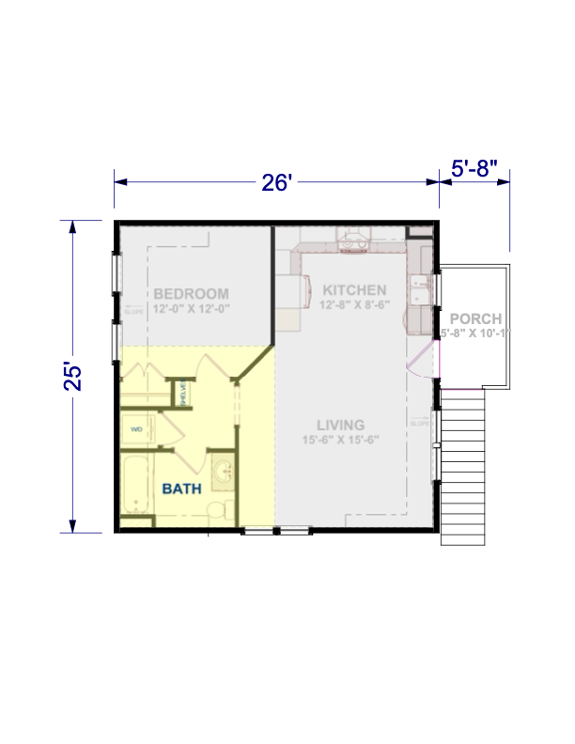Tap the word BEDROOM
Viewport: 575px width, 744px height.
click(x=192, y=292)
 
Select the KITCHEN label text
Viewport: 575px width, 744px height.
click(x=351, y=289)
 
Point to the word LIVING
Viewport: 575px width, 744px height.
click(x=341, y=425)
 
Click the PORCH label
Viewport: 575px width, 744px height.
click(x=474, y=318)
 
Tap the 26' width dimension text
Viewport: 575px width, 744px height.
click(x=278, y=182)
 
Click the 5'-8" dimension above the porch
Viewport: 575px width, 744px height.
click(x=474, y=170)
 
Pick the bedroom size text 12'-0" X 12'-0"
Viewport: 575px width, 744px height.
click(x=192, y=307)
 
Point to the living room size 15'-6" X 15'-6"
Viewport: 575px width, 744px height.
click(x=339, y=440)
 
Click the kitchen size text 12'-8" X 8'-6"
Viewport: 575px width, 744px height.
click(x=352, y=304)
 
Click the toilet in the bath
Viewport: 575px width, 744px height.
click(x=217, y=510)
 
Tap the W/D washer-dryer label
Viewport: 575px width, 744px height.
click(x=137, y=429)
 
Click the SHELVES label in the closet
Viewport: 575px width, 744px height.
click(x=184, y=393)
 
